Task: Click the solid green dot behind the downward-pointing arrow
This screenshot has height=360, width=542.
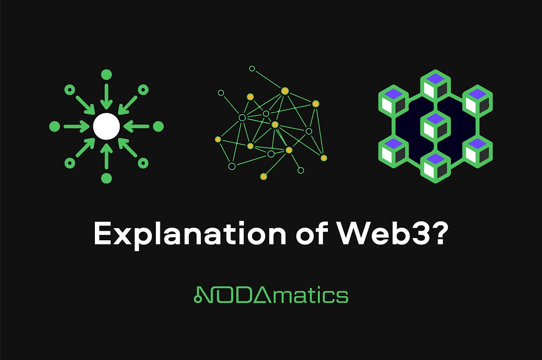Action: (x=107, y=75)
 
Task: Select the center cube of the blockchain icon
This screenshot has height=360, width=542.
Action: (x=435, y=126)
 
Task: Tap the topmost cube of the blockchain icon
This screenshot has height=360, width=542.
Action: (x=435, y=85)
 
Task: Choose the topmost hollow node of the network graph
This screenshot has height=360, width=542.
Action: (x=252, y=69)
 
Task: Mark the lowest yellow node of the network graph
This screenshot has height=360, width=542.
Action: (x=263, y=176)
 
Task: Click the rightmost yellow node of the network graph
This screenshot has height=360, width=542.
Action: (x=323, y=158)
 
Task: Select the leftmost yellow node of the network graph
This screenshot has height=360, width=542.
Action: (x=218, y=139)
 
